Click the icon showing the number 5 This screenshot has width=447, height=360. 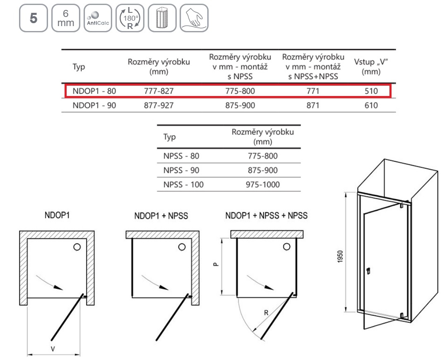(34, 18)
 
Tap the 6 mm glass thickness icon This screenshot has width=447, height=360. (65, 18)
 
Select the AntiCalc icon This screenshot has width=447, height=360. (98, 18)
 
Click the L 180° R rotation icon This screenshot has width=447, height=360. (130, 18)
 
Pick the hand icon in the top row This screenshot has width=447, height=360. (194, 18)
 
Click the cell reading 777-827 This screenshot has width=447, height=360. (159, 91)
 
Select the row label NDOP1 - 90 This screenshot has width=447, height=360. (94, 105)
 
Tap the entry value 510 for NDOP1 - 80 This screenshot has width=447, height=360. (371, 91)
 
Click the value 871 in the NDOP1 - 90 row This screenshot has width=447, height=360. (313, 105)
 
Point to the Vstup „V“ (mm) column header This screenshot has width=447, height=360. (371, 66)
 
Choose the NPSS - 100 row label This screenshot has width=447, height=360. (183, 185)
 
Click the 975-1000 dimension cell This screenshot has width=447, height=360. (263, 185)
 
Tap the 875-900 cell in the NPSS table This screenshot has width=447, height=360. (263, 170)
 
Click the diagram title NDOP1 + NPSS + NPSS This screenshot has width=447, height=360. (266, 216)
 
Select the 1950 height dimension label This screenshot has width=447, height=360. (340, 257)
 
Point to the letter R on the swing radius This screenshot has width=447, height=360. (266, 313)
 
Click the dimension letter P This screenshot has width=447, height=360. (216, 264)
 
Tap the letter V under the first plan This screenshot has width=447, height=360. (53, 348)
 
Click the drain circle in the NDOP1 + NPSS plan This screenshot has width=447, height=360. (182, 247)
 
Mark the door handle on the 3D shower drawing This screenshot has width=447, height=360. (368, 271)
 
